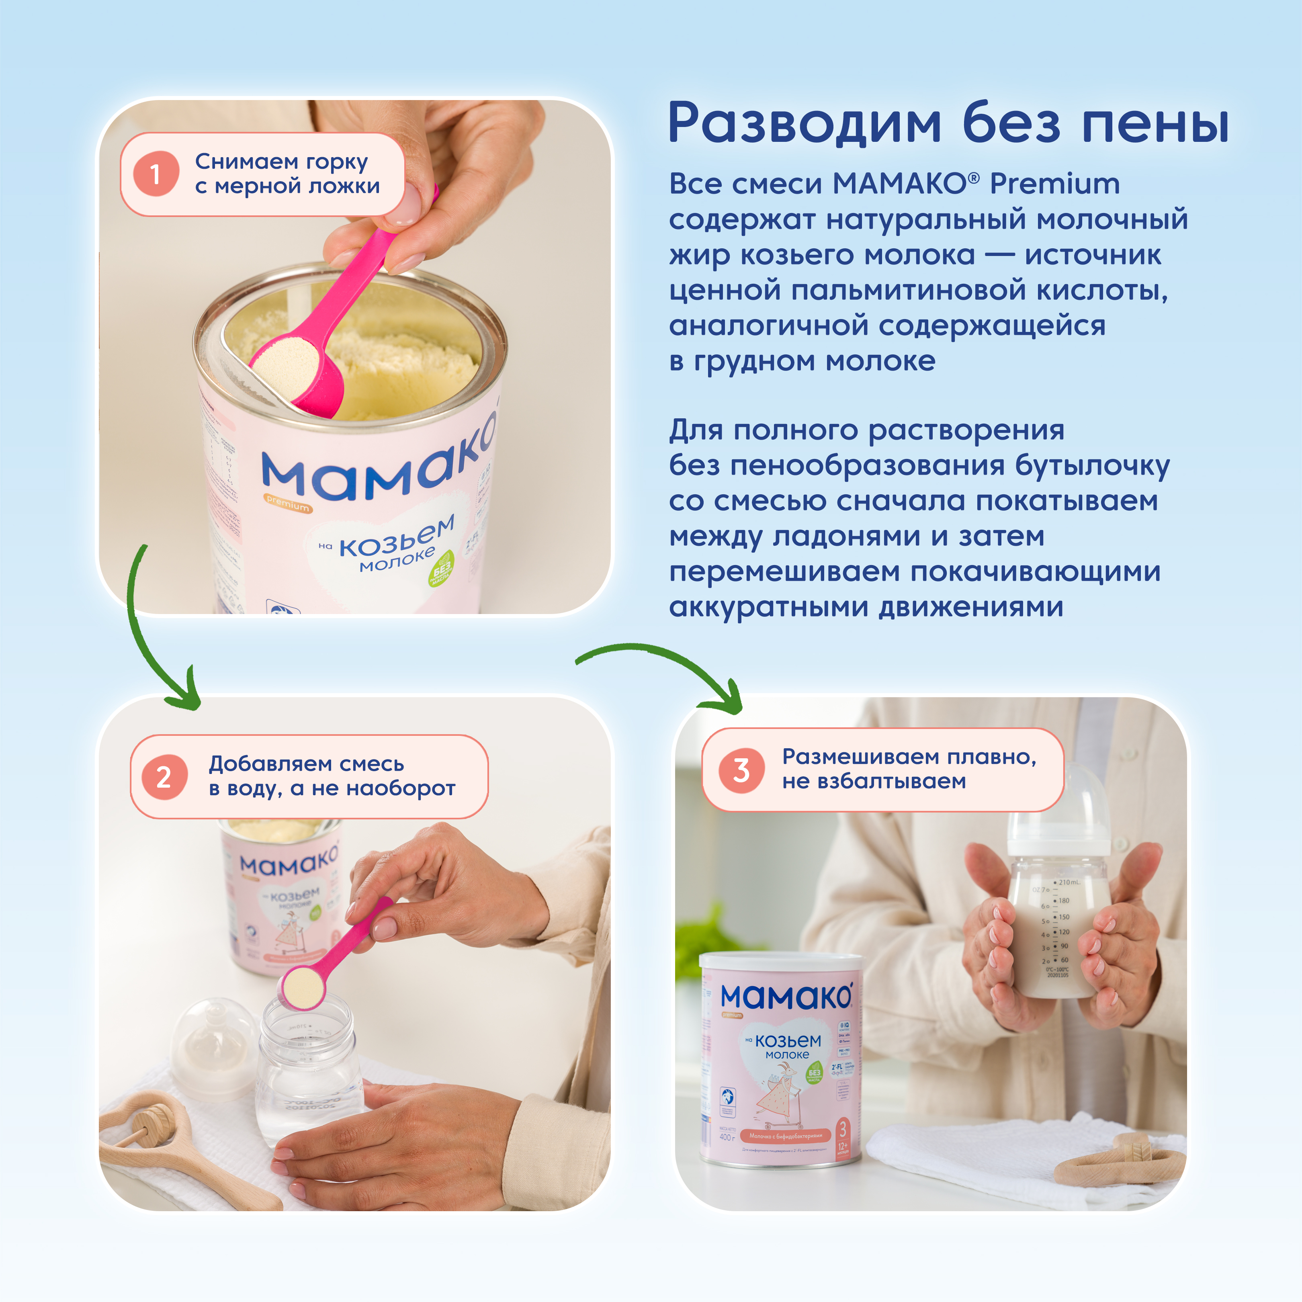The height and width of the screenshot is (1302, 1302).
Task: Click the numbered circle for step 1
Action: (x=156, y=174)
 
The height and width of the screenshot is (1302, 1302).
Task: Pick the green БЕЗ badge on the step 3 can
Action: (x=814, y=1073)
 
